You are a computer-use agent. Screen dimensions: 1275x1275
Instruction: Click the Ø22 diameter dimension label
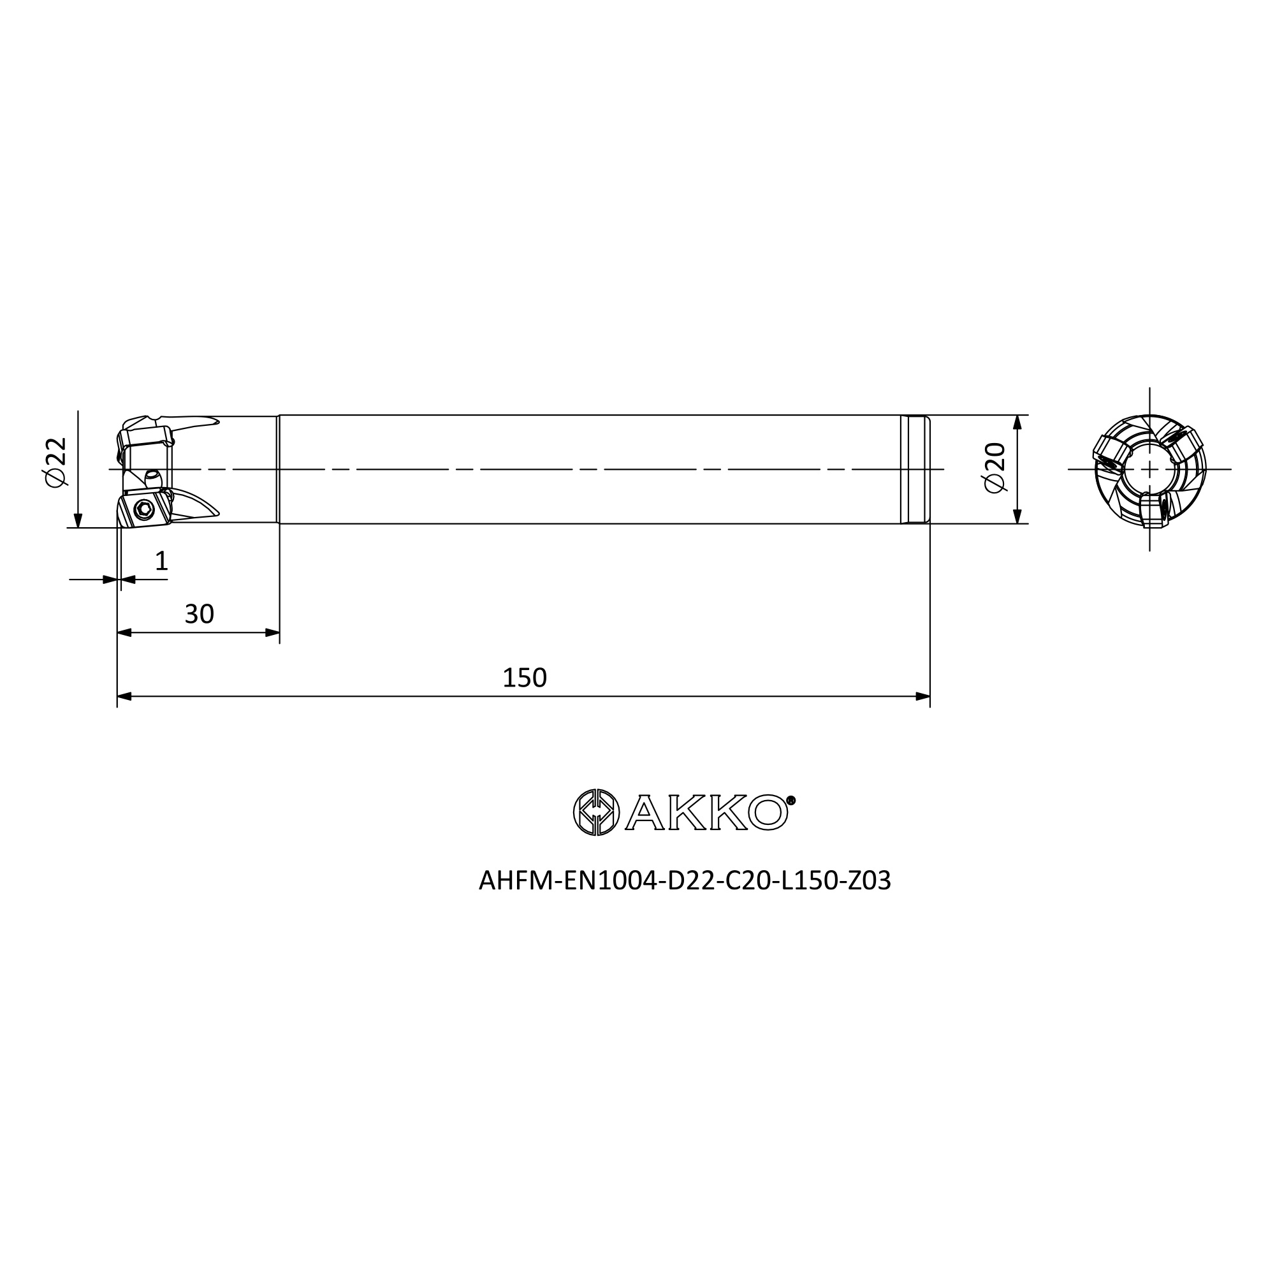[x=57, y=462]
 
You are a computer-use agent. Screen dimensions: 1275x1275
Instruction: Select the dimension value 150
[x=525, y=678]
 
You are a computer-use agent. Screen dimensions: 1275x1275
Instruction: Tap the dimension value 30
[x=200, y=615]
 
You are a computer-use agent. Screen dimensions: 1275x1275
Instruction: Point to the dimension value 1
[x=162, y=561]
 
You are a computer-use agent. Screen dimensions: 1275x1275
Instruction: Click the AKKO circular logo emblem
[x=597, y=812]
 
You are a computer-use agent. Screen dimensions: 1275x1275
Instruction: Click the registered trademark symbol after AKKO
[x=791, y=801]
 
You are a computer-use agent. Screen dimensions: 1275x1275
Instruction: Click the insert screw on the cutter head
[x=143, y=509]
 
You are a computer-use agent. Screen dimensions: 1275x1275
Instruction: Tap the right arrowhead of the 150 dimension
[x=922, y=696]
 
